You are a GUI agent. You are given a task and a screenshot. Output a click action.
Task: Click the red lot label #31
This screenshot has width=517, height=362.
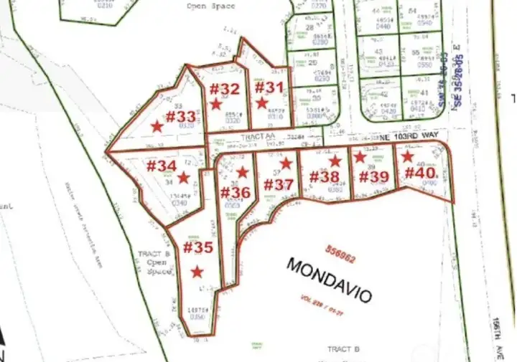tap(271, 88)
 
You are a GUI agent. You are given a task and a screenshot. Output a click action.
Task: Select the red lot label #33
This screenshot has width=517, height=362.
tap(180, 116)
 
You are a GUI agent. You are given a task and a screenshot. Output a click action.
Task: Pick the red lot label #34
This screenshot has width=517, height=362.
tap(161, 166)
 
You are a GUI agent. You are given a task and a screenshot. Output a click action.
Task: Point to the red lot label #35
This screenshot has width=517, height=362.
tap(197, 248)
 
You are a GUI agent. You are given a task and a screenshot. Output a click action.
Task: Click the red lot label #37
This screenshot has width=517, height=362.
tap(278, 184)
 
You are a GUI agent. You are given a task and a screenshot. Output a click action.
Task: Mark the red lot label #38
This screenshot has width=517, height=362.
tap(324, 176)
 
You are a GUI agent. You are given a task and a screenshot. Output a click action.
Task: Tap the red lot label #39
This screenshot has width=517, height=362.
tap(373, 176)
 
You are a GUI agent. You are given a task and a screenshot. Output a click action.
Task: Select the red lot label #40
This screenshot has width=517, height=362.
tap(420, 173)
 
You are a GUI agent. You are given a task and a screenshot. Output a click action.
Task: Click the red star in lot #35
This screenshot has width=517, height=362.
tap(197, 271)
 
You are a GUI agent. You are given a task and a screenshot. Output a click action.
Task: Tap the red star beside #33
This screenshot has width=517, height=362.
tap(157, 126)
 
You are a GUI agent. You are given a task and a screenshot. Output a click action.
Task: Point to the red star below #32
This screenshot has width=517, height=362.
tap(215, 104)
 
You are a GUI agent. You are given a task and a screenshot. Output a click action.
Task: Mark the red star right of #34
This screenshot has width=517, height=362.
tap(184, 177)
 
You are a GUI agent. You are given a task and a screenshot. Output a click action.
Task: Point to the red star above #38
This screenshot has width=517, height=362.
tap(335, 161)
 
